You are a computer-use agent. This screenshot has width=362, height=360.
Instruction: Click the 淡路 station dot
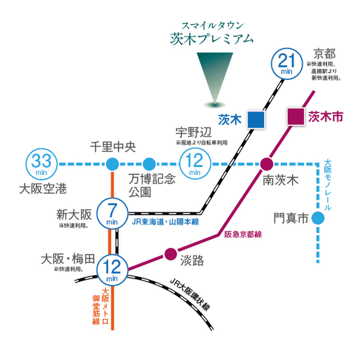point(170,254)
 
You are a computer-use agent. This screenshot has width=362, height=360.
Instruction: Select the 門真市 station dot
point(318,219)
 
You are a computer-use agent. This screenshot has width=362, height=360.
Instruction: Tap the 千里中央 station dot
point(112,164)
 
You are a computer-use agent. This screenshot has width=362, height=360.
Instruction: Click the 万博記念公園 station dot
point(149,164)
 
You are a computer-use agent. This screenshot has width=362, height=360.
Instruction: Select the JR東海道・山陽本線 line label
point(165,222)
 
